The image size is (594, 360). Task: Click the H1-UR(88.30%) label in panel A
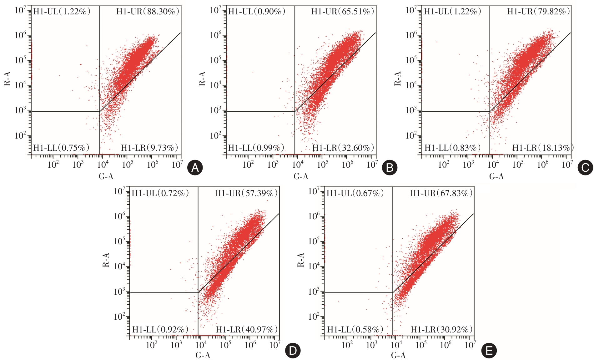click(148, 12)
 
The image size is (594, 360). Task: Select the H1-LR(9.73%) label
click(150, 148)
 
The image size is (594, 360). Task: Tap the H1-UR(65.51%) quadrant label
click(343, 12)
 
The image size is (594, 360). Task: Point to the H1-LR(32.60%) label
click(343, 148)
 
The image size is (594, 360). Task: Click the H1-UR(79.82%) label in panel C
click(538, 12)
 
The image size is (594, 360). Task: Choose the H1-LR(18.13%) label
click(543, 148)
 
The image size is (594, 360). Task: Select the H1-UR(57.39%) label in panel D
click(246, 193)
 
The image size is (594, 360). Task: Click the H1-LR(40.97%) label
click(247, 329)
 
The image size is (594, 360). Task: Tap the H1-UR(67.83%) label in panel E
click(441, 193)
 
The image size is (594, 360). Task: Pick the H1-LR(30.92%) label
click(441, 329)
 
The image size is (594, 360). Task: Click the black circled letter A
click(195, 168)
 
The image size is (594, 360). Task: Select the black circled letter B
click(390, 168)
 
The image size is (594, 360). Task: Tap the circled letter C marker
click(585, 168)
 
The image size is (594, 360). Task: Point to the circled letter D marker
click(293, 351)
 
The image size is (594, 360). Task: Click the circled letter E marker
click(489, 351)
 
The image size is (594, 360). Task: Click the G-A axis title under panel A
click(106, 177)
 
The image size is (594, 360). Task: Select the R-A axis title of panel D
click(106, 260)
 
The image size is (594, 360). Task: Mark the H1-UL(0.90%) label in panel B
click(257, 12)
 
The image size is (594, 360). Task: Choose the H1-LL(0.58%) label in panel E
click(355, 329)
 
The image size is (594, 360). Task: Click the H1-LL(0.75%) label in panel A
click(61, 148)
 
